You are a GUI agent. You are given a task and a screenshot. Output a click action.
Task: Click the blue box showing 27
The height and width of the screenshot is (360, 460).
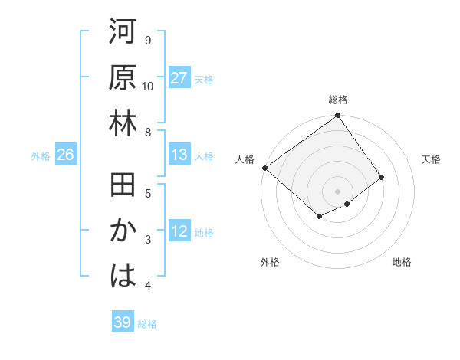tap(179, 78)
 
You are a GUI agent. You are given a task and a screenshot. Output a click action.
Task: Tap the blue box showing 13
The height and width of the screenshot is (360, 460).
tap(179, 155)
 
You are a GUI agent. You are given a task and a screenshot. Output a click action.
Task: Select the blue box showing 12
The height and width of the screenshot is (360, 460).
tap(179, 232)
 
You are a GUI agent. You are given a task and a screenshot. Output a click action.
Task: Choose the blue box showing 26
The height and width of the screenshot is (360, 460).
tap(65, 155)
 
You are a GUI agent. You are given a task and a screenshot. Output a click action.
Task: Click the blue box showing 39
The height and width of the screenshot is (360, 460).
tap(122, 322)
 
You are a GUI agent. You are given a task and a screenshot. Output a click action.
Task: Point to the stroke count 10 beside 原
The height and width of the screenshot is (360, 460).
tap(148, 86)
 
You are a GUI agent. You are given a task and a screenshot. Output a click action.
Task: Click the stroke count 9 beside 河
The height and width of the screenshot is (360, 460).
tap(148, 40)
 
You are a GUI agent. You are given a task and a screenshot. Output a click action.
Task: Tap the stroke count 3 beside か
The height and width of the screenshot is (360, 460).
tap(148, 240)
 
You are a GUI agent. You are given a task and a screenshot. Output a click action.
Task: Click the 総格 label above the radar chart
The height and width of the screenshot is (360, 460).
tap(338, 100)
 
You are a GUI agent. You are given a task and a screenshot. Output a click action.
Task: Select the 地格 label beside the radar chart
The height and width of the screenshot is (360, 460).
tap(402, 262)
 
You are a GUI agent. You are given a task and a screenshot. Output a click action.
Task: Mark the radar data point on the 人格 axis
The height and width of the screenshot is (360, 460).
tap(264, 168)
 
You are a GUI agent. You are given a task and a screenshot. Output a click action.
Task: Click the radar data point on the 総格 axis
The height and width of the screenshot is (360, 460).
tap(338, 116)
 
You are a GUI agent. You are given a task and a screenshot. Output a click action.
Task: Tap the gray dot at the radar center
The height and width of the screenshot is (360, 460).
tap(338, 190)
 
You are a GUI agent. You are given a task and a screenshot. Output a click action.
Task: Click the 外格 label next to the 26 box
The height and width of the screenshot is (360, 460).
tap(41, 156)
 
